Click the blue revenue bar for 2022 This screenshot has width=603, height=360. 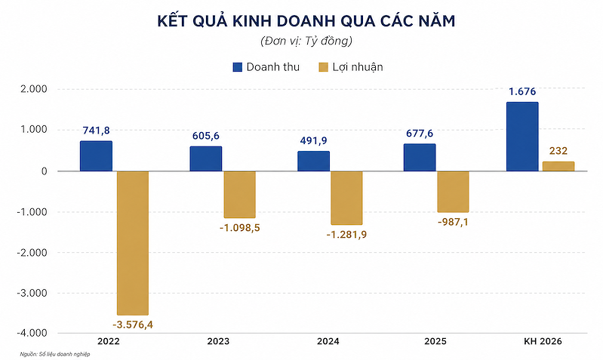point(96,156)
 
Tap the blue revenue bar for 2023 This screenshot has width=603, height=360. point(206,158)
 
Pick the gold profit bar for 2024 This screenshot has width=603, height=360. point(346,198)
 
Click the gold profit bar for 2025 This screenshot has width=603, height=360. point(453,192)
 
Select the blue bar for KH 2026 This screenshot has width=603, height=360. point(521,137)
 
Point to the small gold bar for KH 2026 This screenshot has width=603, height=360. point(558,166)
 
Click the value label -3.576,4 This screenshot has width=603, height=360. point(133,325)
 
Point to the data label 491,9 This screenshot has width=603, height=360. point(312,141)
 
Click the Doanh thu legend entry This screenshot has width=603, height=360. point(266,67)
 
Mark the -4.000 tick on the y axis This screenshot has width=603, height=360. point(32,333)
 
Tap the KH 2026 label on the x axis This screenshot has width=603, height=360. point(540,343)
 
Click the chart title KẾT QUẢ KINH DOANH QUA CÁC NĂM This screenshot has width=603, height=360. point(301,21)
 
